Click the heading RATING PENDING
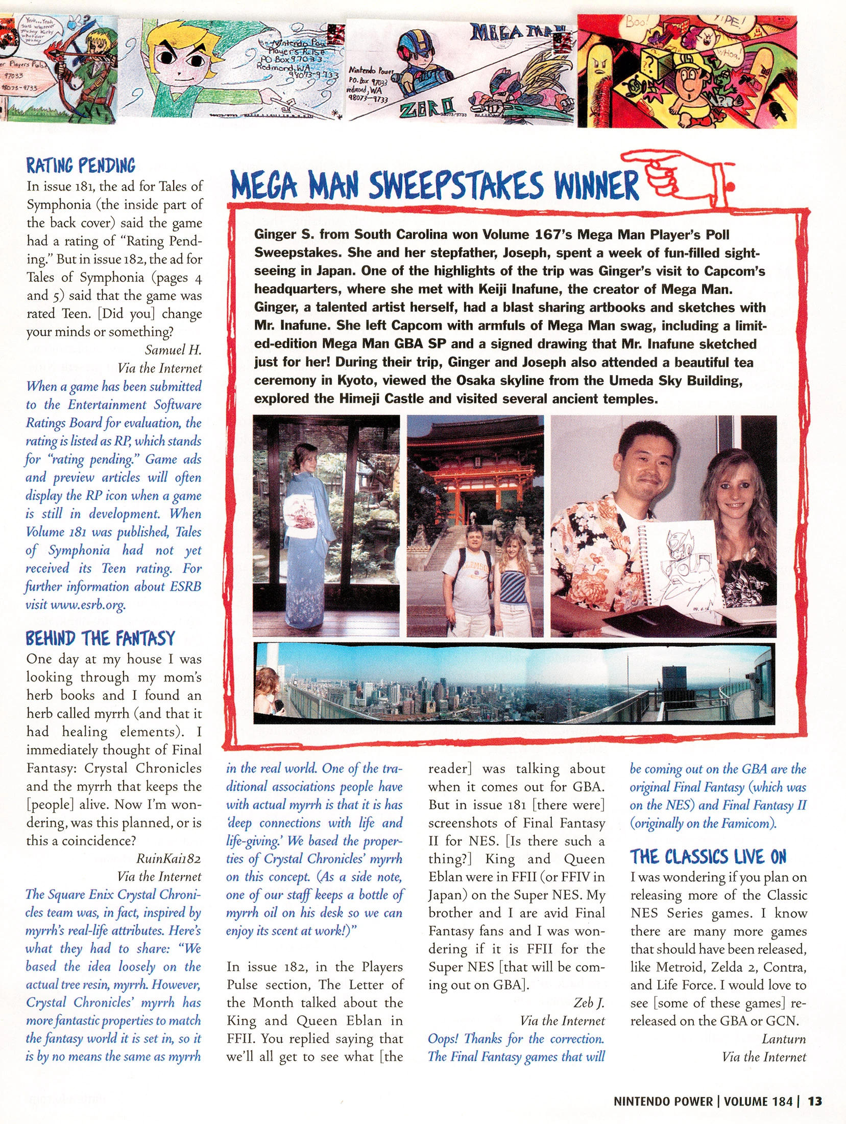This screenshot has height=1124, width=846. [x=81, y=166]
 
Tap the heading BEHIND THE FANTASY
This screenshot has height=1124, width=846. [x=100, y=638]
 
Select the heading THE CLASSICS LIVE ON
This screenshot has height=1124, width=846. [x=708, y=857]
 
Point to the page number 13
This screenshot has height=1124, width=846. [x=815, y=1101]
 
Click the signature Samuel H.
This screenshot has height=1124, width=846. [x=173, y=350]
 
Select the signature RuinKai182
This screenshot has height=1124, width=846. [x=168, y=858]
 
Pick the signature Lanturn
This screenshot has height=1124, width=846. [x=784, y=1039]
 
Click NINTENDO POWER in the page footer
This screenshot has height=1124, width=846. [x=663, y=1101]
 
